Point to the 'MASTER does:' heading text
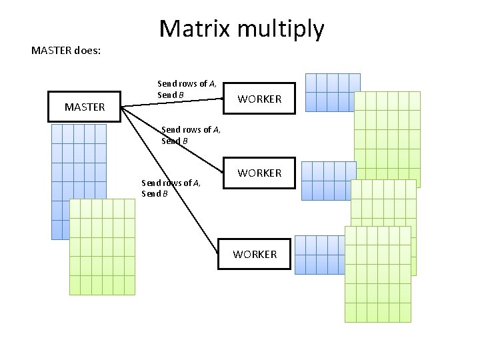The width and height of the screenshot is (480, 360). coord(66,50)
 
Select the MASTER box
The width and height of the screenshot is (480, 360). coord(85,107)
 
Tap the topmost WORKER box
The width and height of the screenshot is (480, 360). coord(259,99)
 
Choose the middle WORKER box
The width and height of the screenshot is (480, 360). coord(259,173)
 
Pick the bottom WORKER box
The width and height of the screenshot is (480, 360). coord(255,254)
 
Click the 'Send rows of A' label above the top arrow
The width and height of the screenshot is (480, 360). coord(186,84)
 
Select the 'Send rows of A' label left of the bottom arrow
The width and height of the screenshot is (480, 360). coord(171,183)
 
